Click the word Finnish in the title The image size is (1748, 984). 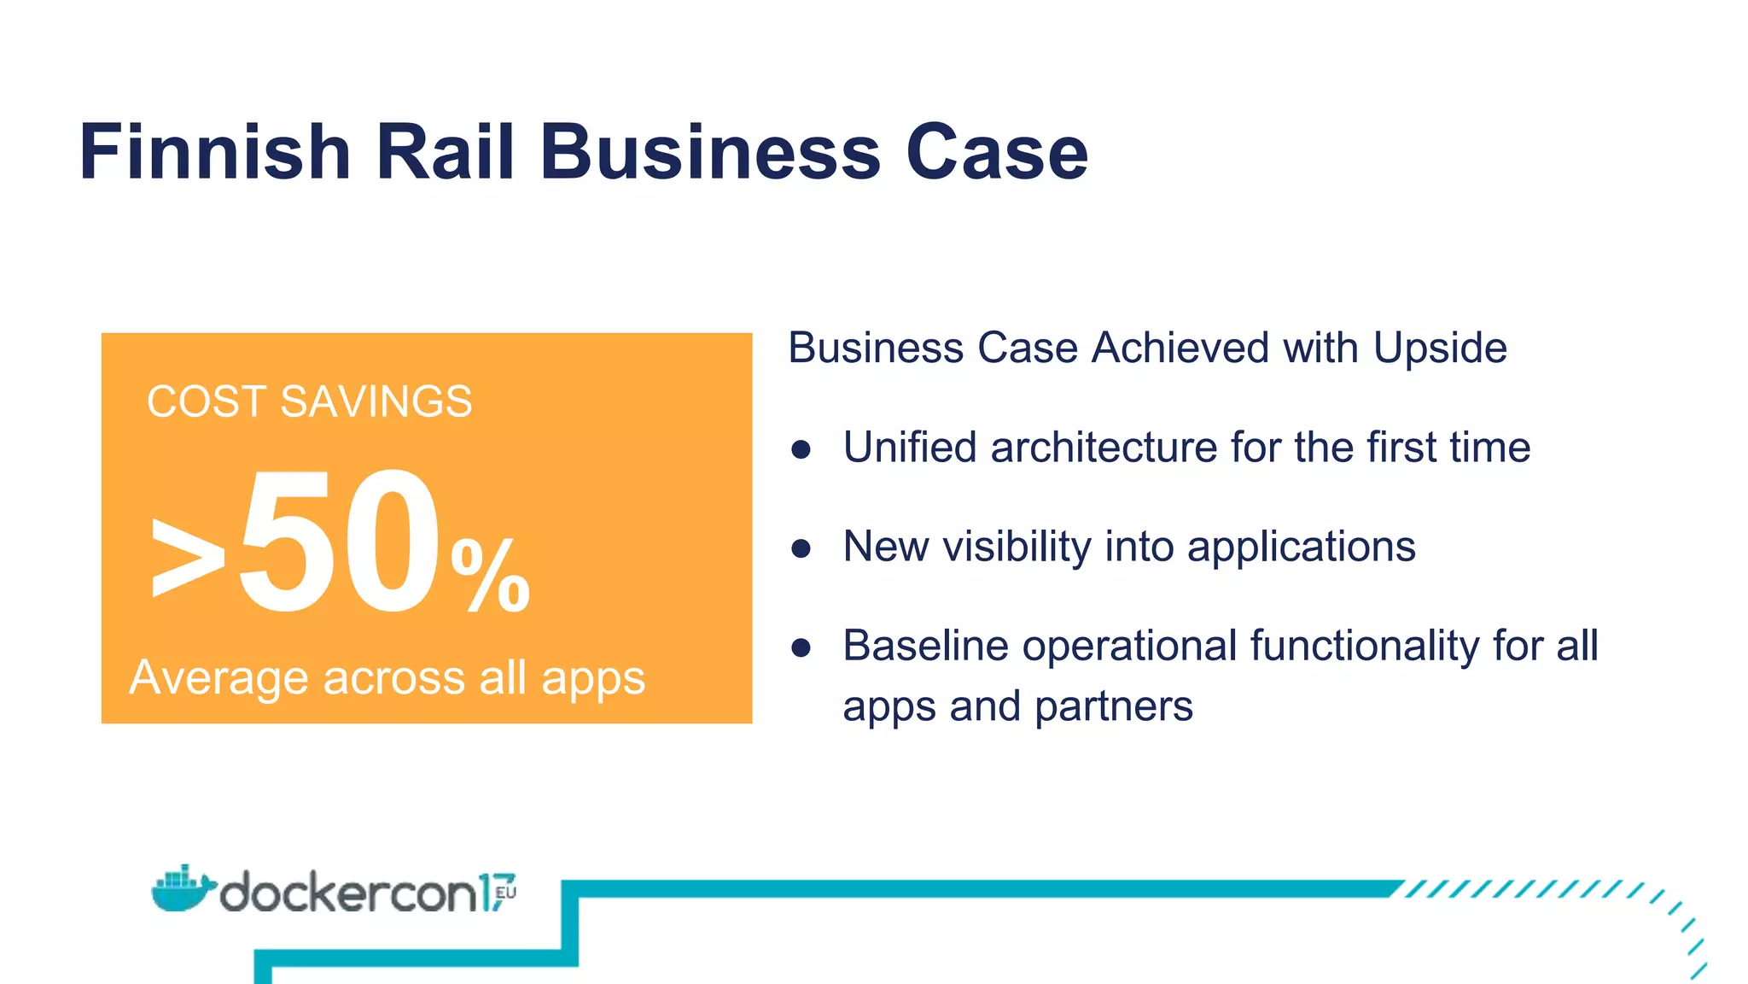coord(215,152)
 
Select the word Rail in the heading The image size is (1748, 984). coord(445,152)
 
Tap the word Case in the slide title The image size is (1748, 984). coord(996,152)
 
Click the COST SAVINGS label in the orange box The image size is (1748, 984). coord(309,401)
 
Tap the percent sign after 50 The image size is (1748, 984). coord(490,576)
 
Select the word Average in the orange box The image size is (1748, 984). coord(218,678)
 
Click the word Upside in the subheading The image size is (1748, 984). coord(1440,348)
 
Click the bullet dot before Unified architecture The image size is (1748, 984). coord(801,449)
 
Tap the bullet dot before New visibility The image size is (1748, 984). coord(801,548)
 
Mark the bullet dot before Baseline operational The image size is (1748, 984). coord(801,647)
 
